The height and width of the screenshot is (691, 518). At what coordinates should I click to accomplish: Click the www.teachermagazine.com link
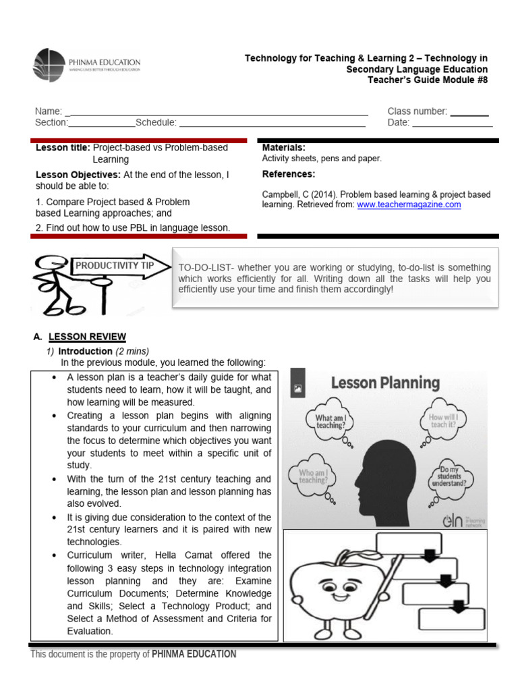(409, 204)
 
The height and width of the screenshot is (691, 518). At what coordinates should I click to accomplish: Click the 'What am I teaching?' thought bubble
(330, 422)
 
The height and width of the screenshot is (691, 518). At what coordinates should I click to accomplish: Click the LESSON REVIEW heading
(87, 337)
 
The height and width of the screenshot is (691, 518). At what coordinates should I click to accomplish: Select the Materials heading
(283, 147)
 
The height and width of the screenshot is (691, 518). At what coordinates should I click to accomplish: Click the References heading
(289, 174)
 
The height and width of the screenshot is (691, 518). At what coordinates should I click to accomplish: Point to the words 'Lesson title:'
(62, 147)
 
